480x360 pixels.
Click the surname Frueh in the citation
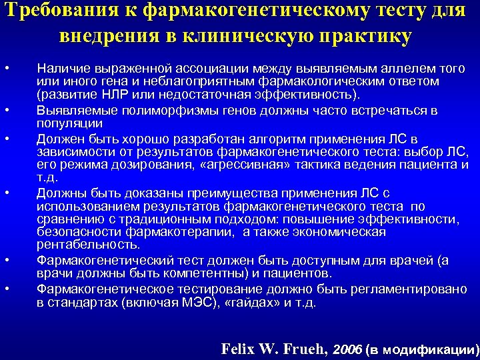tap(302, 349)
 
